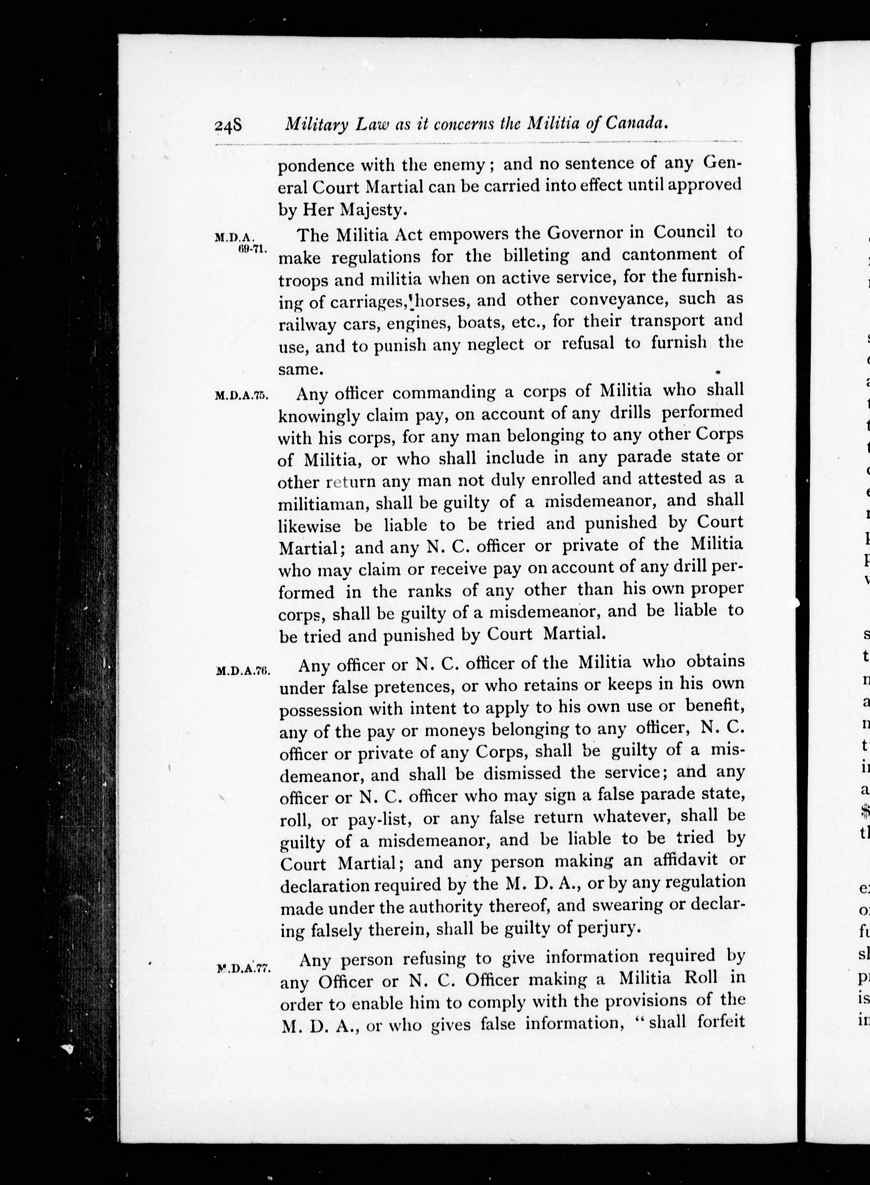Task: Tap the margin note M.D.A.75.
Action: click(x=242, y=396)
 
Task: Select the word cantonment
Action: click(x=669, y=255)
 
